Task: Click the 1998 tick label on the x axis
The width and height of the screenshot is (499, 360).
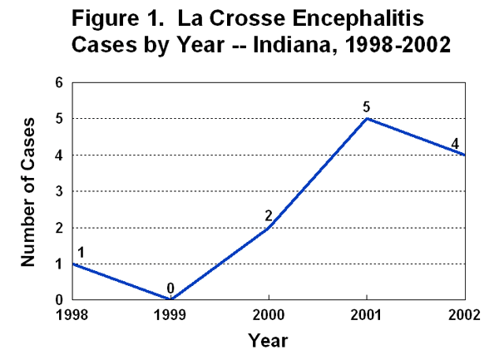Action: [x=73, y=315]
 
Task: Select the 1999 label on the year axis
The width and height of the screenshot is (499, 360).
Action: [x=170, y=315]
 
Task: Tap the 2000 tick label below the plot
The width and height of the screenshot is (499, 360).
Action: [x=269, y=315]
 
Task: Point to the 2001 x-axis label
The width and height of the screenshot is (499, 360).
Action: [x=367, y=315]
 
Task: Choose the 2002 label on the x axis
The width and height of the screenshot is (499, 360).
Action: [x=464, y=315]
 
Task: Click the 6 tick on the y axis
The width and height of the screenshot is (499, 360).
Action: [x=59, y=82]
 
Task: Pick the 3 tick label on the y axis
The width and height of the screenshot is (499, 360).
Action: [x=59, y=191]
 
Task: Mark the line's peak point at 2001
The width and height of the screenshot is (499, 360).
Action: [x=367, y=118]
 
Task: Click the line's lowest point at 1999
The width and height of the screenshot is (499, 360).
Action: [x=170, y=299]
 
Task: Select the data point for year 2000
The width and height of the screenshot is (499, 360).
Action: [x=269, y=227]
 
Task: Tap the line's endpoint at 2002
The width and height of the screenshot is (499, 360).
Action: [x=465, y=155]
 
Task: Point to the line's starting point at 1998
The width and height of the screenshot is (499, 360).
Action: [x=73, y=264]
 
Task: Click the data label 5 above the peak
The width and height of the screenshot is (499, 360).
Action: [x=366, y=106]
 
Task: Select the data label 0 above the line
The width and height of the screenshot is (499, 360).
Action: [x=170, y=288]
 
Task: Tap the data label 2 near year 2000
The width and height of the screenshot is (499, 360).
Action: [x=269, y=215]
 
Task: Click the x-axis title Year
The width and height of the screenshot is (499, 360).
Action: [x=268, y=340]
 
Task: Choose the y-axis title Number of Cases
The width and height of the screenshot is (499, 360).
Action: [x=27, y=190]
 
